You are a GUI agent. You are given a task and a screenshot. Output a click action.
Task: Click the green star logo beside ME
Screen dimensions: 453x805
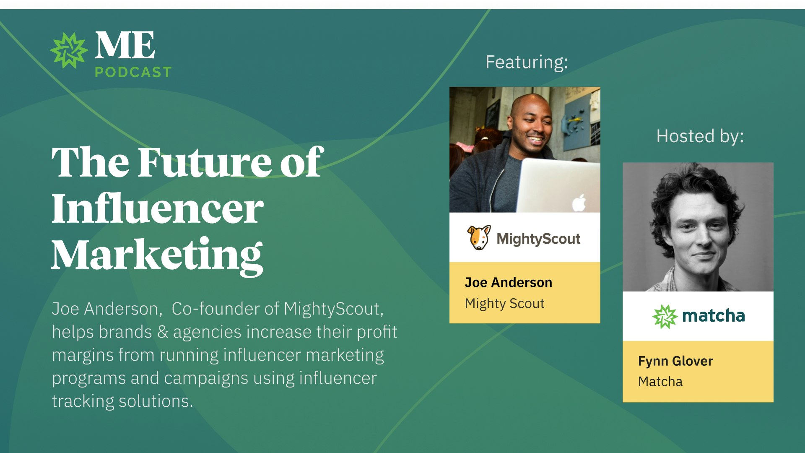point(69,50)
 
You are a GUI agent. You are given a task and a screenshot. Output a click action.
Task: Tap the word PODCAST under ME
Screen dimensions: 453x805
point(133,72)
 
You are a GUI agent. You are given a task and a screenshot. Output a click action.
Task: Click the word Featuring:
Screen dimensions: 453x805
point(527,62)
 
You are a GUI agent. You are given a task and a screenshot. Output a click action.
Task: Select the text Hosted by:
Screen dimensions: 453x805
point(700,136)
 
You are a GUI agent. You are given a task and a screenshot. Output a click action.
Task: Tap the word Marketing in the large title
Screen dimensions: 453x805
point(158,255)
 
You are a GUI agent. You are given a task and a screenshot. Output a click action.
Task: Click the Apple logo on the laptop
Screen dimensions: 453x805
point(579,203)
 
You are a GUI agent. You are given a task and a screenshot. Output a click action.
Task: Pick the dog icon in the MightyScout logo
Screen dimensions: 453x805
point(478,237)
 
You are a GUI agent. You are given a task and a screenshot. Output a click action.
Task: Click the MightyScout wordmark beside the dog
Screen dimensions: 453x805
point(538,239)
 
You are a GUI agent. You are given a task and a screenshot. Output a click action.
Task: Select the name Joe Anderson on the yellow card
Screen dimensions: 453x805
point(508,282)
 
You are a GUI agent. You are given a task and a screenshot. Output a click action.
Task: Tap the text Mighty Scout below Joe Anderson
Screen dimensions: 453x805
point(504,303)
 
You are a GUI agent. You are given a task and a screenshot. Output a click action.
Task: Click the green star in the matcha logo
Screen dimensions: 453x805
point(665,316)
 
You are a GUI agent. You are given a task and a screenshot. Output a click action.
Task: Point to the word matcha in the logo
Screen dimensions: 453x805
point(713,315)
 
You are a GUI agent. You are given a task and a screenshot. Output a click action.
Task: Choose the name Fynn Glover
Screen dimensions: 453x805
point(675,361)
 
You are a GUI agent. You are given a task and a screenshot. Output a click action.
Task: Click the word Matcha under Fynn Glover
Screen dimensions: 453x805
point(660,382)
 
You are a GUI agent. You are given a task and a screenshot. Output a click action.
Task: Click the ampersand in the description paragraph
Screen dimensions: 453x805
point(163,332)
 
